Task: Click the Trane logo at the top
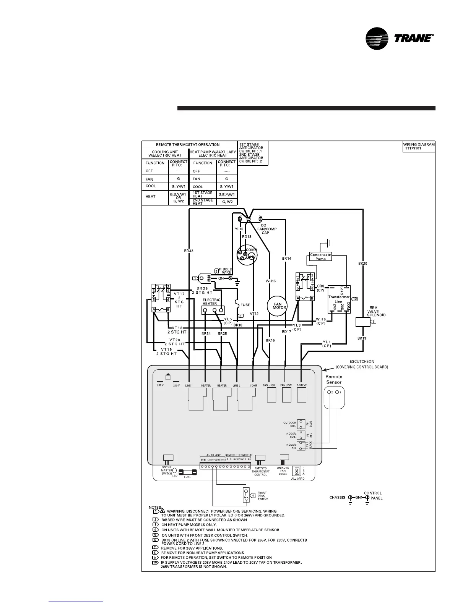(x=399, y=38)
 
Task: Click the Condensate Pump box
(x=320, y=257)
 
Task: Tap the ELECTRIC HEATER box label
(x=211, y=302)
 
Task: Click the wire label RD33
(x=188, y=251)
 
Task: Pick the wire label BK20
(x=362, y=264)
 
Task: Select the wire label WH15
(x=271, y=281)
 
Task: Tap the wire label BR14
(x=286, y=259)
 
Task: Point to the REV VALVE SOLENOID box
(x=363, y=322)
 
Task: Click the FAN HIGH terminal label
(x=269, y=385)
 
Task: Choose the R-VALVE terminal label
(x=302, y=385)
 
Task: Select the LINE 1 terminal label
(x=189, y=386)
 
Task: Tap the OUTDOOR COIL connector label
(x=290, y=424)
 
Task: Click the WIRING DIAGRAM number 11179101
(x=413, y=148)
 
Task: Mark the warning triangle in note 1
(x=162, y=511)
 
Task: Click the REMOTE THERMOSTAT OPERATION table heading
(x=188, y=145)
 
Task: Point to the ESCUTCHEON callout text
(x=362, y=364)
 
